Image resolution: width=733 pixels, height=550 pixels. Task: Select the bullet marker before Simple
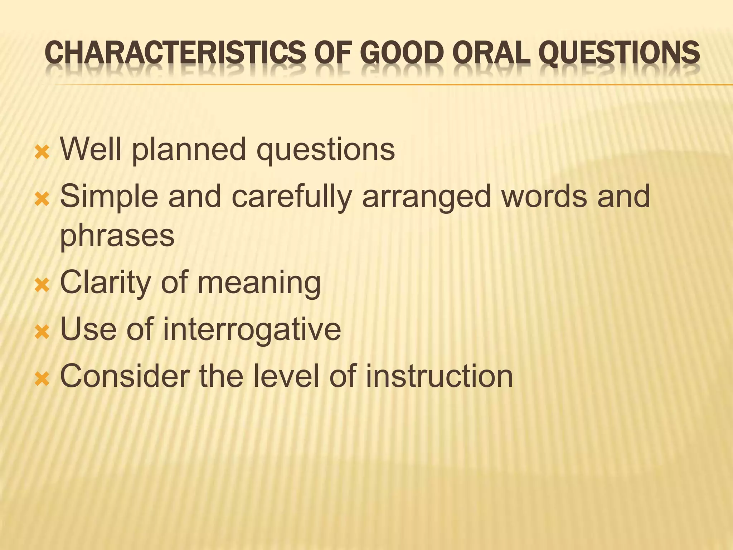click(x=42, y=200)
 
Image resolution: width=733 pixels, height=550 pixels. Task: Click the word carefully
click(x=292, y=197)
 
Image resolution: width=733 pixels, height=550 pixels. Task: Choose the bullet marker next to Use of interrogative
click(x=42, y=332)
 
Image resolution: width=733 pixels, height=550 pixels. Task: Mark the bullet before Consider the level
click(x=42, y=379)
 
